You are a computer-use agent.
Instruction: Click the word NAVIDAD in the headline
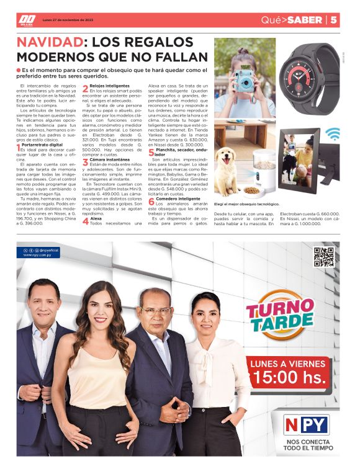pyautogui.click(x=49, y=42)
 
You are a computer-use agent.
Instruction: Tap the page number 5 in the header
pyautogui.click(x=333, y=20)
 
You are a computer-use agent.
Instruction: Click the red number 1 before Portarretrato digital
pyautogui.click(x=19, y=147)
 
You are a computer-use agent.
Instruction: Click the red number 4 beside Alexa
pyautogui.click(x=86, y=221)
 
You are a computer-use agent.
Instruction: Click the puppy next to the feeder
pyautogui.click(x=228, y=160)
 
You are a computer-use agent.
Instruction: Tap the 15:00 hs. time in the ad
pyautogui.click(x=290, y=376)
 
